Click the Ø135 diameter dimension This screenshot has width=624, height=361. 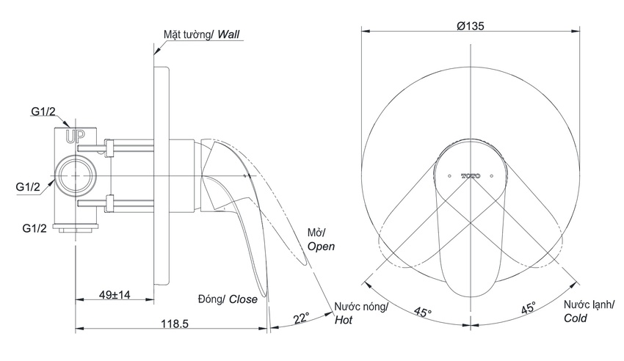[x=471, y=26]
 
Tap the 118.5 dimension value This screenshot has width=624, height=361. [x=174, y=324]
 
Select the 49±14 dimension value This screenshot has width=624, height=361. [x=115, y=295]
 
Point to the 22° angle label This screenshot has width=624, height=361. [x=301, y=318]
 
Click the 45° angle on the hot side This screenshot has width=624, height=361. [x=422, y=312]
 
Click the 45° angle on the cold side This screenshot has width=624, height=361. [x=529, y=307]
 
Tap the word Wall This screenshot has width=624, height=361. [x=228, y=34]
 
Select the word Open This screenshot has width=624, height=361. [x=321, y=247]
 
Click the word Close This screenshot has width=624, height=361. [x=243, y=299]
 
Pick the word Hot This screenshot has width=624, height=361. [x=344, y=320]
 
